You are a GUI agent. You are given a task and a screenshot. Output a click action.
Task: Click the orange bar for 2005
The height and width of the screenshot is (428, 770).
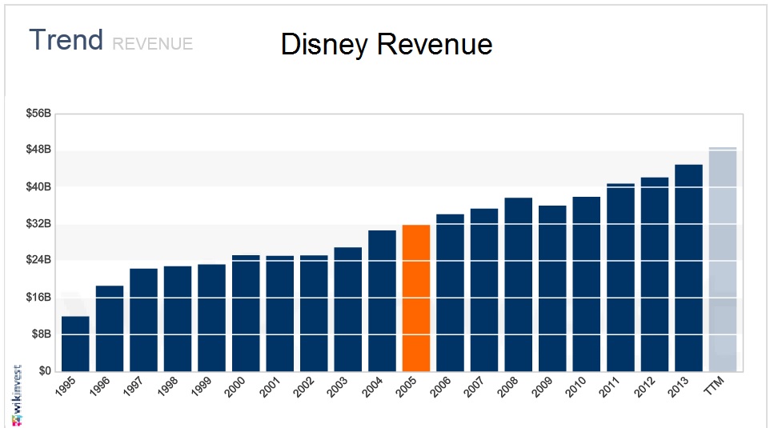(416, 298)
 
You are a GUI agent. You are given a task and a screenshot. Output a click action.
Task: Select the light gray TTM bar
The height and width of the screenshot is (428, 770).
(723, 259)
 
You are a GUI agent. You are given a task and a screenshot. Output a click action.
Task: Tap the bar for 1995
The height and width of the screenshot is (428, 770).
(75, 343)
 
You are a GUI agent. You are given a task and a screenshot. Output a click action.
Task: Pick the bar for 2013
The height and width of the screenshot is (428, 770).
(688, 267)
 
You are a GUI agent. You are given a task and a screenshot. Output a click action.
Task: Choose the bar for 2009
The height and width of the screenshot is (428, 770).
(552, 288)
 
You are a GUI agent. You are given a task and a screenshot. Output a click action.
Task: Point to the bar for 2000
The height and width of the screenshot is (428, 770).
(246, 313)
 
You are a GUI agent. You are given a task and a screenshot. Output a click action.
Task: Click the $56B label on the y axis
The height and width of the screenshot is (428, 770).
(38, 114)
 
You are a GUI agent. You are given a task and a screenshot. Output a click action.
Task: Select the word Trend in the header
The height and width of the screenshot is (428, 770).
(66, 40)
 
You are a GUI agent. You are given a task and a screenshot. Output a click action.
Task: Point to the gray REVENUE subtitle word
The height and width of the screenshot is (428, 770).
(152, 44)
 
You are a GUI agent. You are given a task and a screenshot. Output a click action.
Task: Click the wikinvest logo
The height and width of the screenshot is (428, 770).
(16, 396)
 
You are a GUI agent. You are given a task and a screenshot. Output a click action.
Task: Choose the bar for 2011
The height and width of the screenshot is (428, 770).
(620, 277)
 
